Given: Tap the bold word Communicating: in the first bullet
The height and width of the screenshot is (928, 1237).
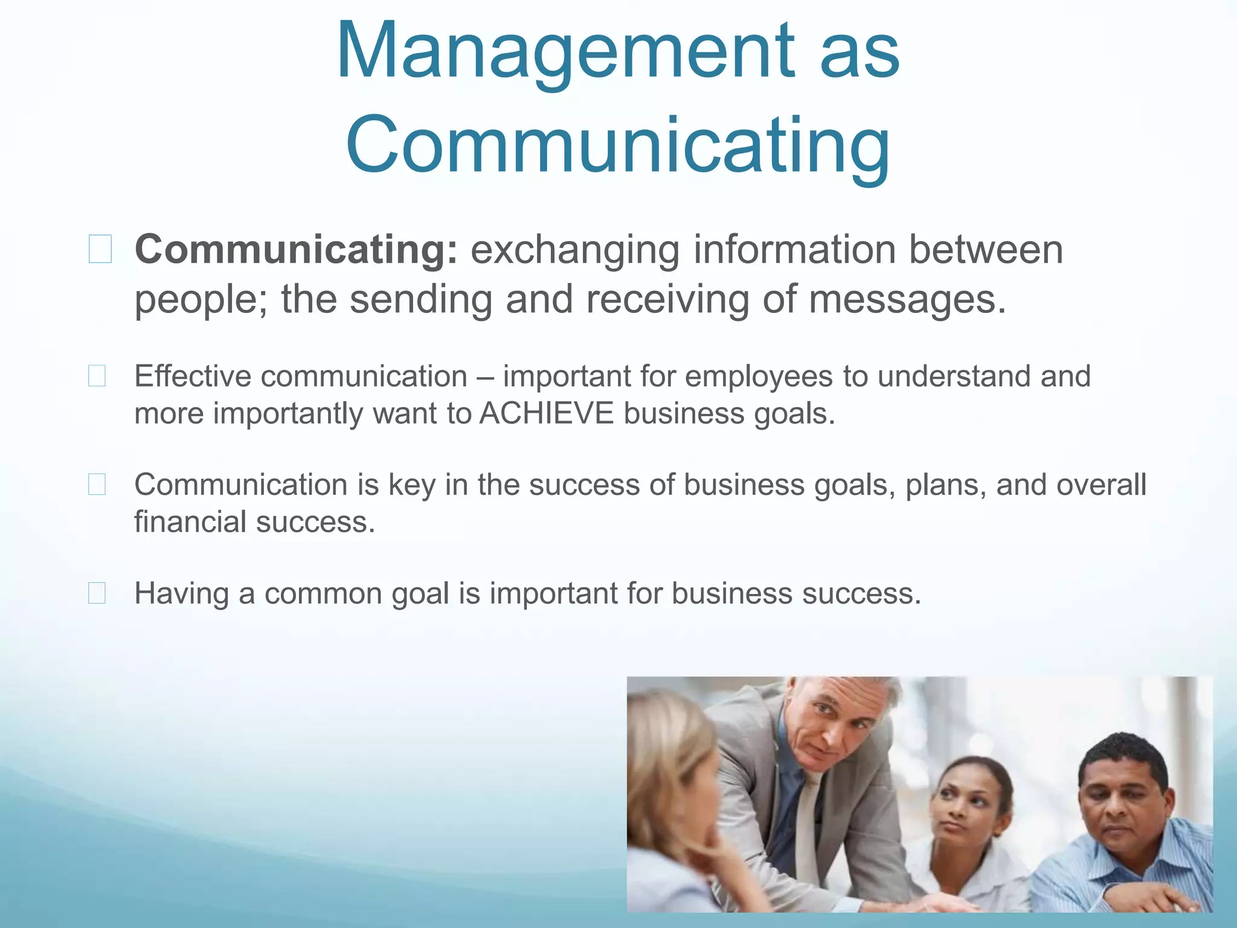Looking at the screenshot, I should (x=296, y=250).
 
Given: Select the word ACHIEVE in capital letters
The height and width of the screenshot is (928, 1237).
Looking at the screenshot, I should (x=546, y=414).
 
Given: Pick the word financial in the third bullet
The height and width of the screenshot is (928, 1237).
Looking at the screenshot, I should (x=190, y=522).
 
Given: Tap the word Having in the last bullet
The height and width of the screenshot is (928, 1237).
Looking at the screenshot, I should (x=181, y=593).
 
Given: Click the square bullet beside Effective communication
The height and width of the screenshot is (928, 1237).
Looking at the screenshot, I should (x=97, y=376).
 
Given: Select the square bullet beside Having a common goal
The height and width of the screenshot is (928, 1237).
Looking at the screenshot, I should (x=97, y=593).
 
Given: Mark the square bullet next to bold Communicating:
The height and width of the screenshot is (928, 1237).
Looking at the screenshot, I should (x=100, y=249).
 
